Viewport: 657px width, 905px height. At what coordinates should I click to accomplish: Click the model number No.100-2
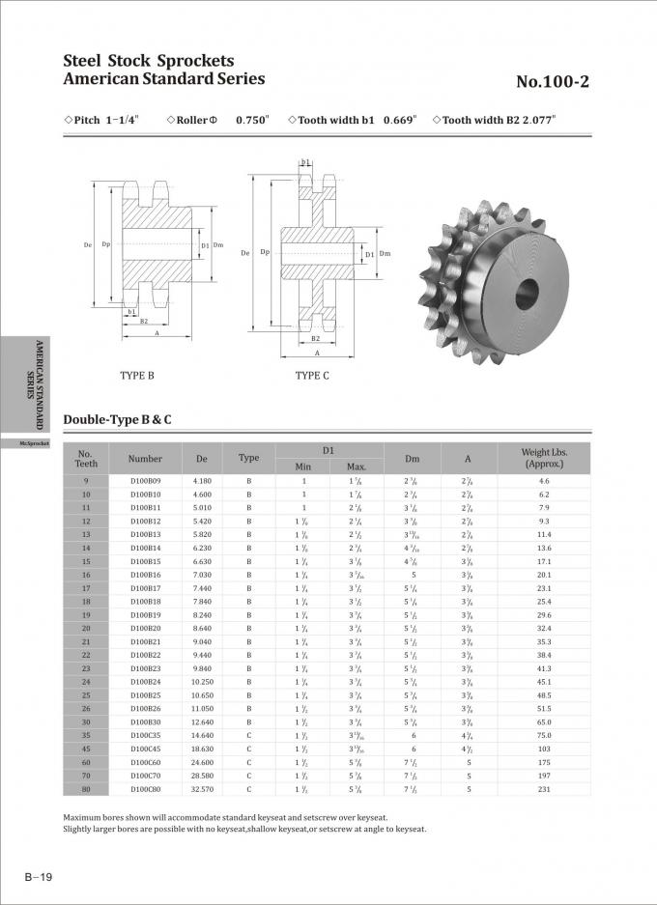552,82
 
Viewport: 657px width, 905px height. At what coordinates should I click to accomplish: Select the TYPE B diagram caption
137,375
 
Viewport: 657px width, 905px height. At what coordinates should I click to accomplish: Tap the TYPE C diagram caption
312,375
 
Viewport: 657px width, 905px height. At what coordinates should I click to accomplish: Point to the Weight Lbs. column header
544,458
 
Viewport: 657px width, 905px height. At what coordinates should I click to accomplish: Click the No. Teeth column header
86,459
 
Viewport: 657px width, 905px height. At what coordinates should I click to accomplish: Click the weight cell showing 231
544,789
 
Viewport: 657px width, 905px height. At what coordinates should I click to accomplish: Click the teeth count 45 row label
86,749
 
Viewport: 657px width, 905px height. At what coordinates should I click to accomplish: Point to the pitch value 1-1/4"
122,120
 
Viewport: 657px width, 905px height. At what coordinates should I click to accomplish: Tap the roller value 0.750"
252,120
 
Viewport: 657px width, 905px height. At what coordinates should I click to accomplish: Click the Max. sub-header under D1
357,467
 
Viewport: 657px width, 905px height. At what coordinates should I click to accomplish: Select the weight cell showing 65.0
544,721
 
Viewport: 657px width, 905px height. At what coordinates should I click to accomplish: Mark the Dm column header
413,459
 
